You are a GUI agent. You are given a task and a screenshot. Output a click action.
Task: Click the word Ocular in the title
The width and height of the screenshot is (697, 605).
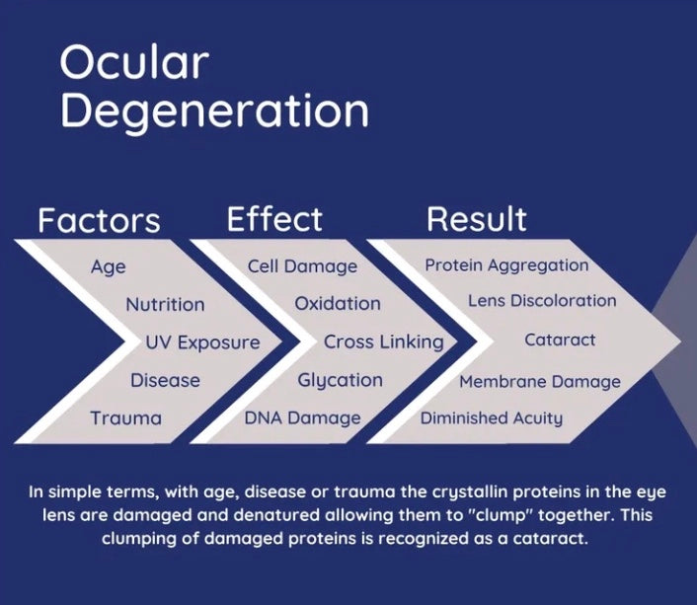click(x=134, y=62)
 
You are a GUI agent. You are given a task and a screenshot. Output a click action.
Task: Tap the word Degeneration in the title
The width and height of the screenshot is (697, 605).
click(x=214, y=113)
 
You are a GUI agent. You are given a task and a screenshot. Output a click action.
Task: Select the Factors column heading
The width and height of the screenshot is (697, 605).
click(x=99, y=220)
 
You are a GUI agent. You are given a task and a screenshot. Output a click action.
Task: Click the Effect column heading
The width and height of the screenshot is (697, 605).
click(x=274, y=219)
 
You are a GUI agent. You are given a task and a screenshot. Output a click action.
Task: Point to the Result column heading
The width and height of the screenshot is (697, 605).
click(x=477, y=219)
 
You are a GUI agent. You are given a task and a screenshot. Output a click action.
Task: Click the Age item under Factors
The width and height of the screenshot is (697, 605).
click(x=109, y=267)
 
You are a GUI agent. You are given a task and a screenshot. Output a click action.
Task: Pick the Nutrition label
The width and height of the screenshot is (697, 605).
click(x=165, y=305)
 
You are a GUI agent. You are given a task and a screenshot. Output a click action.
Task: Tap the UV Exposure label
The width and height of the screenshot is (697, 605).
click(x=202, y=342)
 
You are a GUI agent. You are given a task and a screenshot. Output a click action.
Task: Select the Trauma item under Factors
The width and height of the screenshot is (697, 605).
click(x=125, y=418)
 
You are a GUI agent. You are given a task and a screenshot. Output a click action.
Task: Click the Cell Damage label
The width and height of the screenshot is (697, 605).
click(x=302, y=266)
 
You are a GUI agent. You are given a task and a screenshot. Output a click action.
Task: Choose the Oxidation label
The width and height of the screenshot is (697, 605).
click(x=338, y=304)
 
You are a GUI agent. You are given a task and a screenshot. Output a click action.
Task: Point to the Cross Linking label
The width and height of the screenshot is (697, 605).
click(x=384, y=342)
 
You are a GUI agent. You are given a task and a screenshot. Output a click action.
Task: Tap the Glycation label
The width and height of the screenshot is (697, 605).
click(x=340, y=381)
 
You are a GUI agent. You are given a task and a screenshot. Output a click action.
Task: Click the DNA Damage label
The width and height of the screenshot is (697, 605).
click(x=303, y=418)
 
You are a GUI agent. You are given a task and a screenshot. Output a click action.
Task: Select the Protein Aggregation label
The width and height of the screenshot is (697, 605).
click(x=506, y=265)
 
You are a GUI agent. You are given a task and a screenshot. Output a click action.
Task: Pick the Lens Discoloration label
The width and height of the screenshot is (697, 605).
click(x=542, y=301)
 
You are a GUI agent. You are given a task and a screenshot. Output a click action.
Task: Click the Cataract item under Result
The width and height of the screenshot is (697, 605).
click(x=560, y=340)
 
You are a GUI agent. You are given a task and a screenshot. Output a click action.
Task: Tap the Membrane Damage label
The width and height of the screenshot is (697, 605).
click(x=540, y=382)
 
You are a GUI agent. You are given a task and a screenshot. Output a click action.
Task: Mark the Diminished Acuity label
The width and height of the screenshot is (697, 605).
click(x=492, y=418)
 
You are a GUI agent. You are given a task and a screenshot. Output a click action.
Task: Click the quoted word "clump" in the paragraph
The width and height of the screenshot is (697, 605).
click(x=502, y=515)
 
